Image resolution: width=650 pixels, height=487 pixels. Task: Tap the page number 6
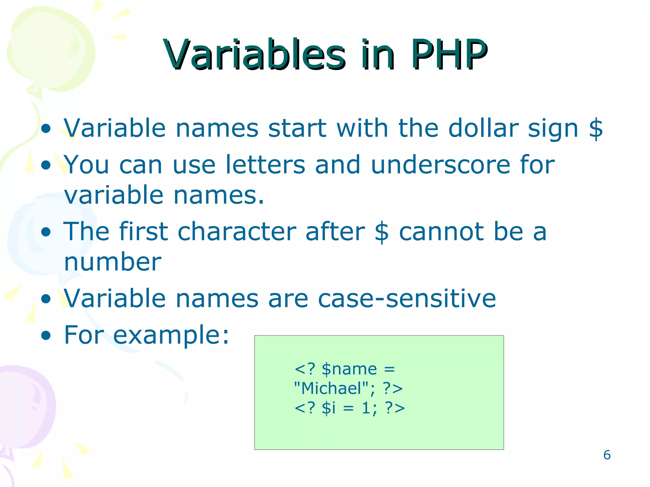coord(607,455)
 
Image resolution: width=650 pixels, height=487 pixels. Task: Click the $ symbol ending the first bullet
coord(595,128)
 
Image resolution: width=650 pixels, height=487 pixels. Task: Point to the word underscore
coord(440,165)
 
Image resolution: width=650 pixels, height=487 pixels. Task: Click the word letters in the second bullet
coord(265,165)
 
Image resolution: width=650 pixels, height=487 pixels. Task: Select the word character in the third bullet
coord(237,231)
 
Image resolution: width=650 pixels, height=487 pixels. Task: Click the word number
coord(113,262)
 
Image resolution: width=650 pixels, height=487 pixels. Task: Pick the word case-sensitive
coord(407,298)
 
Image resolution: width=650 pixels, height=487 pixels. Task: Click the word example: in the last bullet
coord(171,335)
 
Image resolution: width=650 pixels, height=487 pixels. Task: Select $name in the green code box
coord(349,369)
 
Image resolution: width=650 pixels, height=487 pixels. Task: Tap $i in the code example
coord(328,408)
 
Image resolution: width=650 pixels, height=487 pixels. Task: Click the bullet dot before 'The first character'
coord(46,232)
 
